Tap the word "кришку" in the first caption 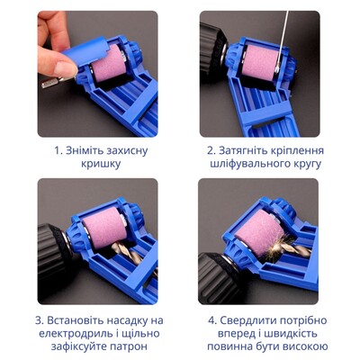[x=101, y=164]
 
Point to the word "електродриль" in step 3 [x=74, y=334]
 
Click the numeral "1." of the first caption [x=58, y=150]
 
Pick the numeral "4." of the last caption [x=212, y=320]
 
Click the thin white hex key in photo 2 [x=283, y=41]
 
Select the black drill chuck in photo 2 [x=212, y=48]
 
